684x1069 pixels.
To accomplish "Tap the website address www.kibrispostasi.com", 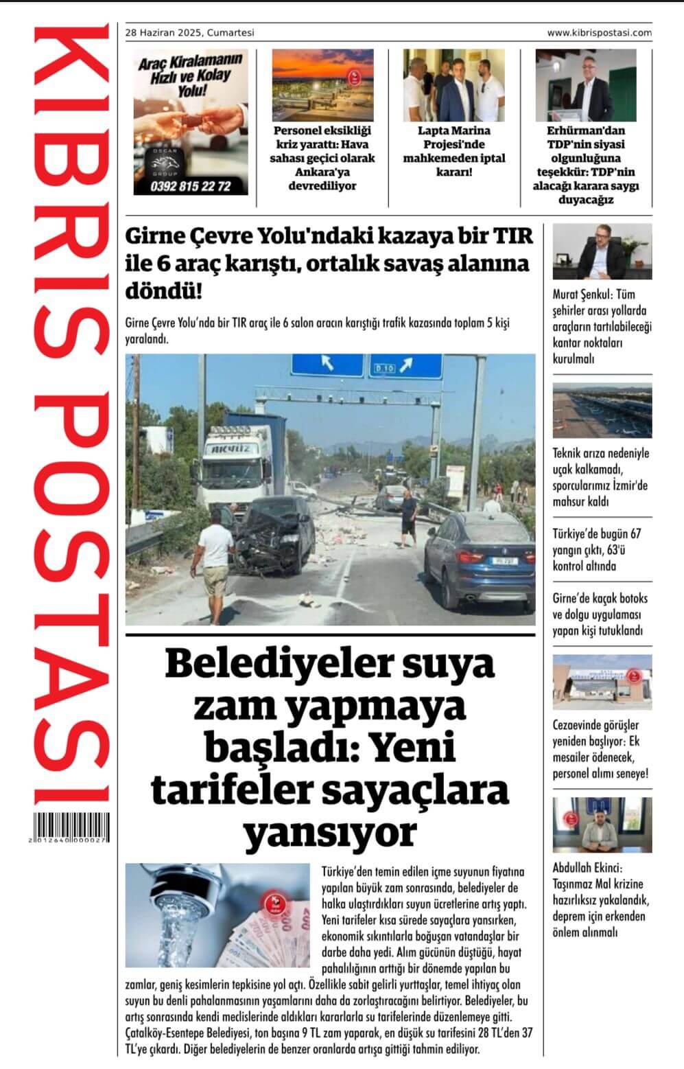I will coord(599,32).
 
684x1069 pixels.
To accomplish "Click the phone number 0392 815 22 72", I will coord(191,186).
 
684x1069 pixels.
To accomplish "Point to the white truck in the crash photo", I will coord(235,459).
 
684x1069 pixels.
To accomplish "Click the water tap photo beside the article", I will coord(217,915).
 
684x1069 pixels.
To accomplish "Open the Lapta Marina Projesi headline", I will coord(454,151).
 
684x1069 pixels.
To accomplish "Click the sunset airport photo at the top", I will coord(322,85).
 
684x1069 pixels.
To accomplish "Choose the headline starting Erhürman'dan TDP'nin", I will coord(585,165).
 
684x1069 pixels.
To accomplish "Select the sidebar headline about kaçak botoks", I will coord(600,614).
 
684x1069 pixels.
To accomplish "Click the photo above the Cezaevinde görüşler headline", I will coord(602,682).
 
